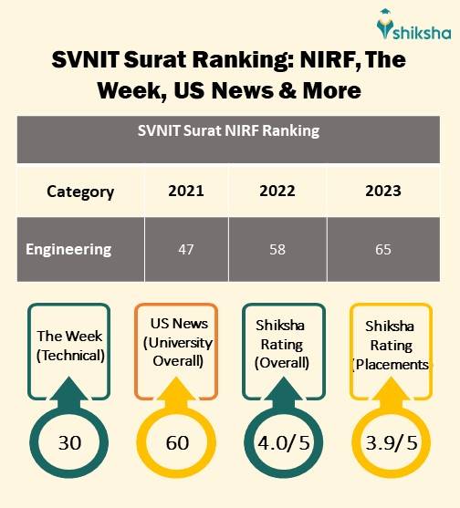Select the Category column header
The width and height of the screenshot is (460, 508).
pyautogui.click(x=80, y=192)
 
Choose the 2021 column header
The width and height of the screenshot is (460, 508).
pyautogui.click(x=185, y=192)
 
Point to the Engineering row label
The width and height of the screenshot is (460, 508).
pyautogui.click(x=68, y=249)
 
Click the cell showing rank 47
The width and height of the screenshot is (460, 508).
pyautogui.click(x=185, y=249)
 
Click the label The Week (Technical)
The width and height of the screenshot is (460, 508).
pyautogui.click(x=70, y=346)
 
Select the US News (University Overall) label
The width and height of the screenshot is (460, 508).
pyautogui.click(x=180, y=343)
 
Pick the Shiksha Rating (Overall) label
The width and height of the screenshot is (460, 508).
pyautogui.click(x=283, y=346)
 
